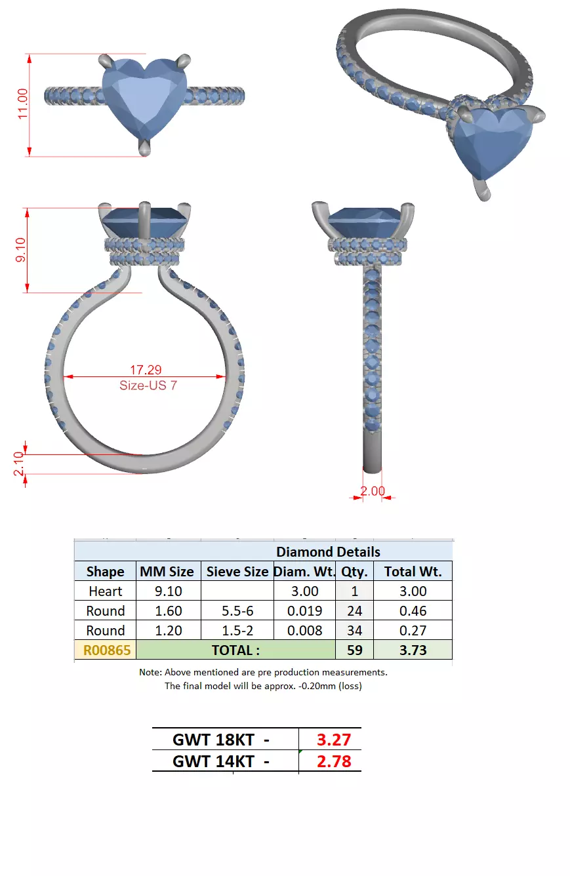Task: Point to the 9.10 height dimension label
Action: pyautogui.click(x=20, y=249)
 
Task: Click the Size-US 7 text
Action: pyautogui.click(x=148, y=386)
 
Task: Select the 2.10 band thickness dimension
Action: pyautogui.click(x=19, y=464)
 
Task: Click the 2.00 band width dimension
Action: pyautogui.click(x=373, y=491)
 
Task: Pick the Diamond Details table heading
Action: pyautogui.click(x=328, y=551)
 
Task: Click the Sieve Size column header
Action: pyautogui.click(x=237, y=571)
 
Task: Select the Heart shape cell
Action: pyautogui.click(x=105, y=591)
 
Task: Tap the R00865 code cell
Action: pyautogui.click(x=106, y=650)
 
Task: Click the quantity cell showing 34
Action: pyautogui.click(x=354, y=630)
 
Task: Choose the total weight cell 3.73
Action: pyautogui.click(x=413, y=650)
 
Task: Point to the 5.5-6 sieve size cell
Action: pyautogui.click(x=237, y=610)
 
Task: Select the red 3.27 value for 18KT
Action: pyautogui.click(x=334, y=740)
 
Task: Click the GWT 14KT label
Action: pyautogui.click(x=220, y=761)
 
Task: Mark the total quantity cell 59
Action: pyautogui.click(x=354, y=650)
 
